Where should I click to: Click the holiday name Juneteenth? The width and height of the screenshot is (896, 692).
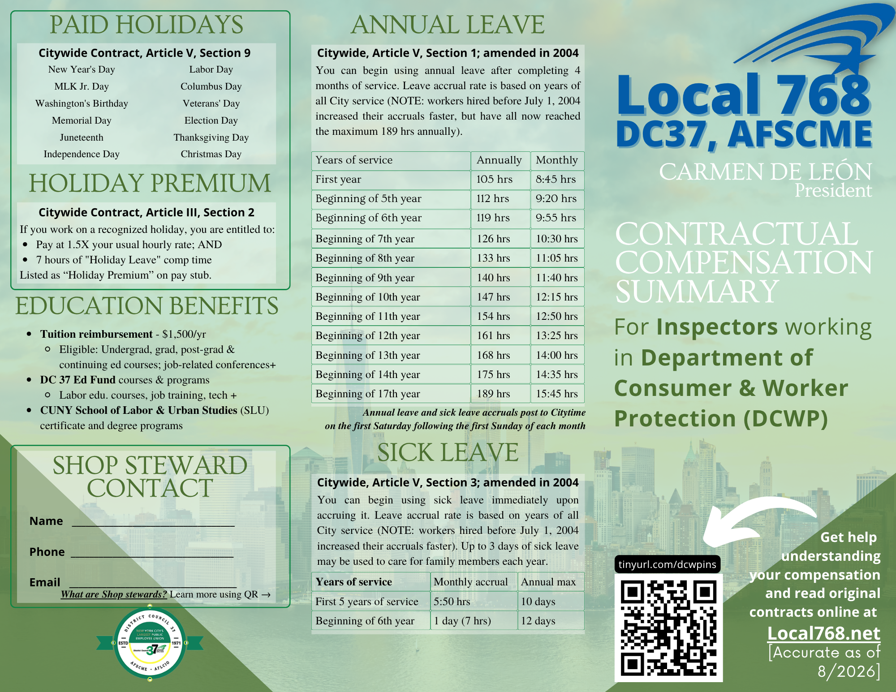[82, 138]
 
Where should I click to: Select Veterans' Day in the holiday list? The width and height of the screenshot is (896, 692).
[211, 103]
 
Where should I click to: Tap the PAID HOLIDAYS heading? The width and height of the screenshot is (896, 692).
[146, 25]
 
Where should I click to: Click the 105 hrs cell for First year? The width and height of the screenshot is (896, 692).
[494, 179]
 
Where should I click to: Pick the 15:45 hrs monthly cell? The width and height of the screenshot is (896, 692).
[557, 394]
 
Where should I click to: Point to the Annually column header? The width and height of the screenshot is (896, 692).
[499, 160]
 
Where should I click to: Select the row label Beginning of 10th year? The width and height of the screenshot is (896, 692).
[368, 297]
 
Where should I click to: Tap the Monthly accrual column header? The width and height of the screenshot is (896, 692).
[471, 582]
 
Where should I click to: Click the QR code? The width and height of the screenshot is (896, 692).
[668, 628]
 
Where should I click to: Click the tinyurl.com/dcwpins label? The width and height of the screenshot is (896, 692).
[668, 564]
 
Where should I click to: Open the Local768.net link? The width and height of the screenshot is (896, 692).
[823, 633]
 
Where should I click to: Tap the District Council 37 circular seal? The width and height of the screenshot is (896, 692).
[150, 643]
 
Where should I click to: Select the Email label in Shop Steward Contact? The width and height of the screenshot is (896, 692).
[45, 582]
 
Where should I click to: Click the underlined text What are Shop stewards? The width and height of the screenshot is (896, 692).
[114, 594]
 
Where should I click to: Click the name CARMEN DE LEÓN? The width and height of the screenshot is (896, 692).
[766, 172]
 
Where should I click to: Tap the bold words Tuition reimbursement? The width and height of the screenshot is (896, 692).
[96, 334]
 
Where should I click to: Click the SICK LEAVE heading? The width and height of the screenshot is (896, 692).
[448, 452]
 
